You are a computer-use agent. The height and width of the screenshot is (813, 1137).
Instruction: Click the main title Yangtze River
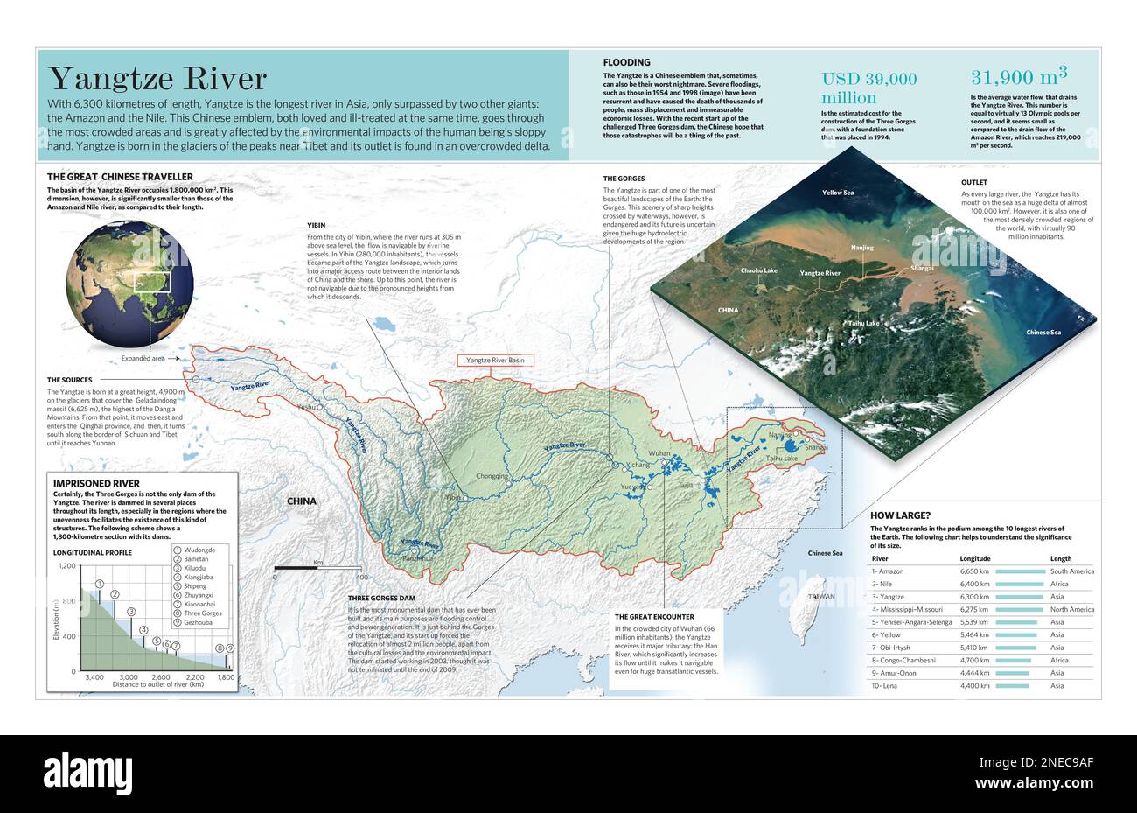pos(157,79)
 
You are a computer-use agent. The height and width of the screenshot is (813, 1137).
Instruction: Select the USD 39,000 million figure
pos(868,88)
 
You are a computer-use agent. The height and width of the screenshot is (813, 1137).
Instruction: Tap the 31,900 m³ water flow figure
pos(1019,78)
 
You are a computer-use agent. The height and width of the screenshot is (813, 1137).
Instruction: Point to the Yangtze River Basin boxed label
pos(495,360)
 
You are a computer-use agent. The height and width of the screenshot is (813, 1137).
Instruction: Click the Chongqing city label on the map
pos(492,477)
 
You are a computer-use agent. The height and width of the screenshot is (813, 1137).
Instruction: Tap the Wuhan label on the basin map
pos(659,453)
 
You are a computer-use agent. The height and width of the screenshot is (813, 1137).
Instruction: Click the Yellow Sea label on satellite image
pos(837,192)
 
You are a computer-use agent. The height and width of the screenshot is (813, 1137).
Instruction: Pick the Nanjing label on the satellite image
pos(862,248)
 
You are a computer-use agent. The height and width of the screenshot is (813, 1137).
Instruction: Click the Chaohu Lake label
pos(758,270)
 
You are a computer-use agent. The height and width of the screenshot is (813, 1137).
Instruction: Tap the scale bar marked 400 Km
pos(317,569)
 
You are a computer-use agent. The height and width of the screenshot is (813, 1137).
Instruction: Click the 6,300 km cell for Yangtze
pos(974,597)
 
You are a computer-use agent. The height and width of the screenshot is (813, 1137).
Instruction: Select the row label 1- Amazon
pos(889,571)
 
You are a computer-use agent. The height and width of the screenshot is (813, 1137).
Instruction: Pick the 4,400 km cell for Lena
pos(974,685)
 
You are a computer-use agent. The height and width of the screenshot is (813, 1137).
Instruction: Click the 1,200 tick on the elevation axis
pos(67,566)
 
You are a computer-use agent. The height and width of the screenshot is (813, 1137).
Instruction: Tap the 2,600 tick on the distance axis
pos(161,677)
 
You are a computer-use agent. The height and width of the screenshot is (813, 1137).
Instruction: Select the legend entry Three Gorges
pos(202,613)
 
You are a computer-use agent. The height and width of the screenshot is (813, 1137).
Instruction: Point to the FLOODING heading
pos(626,62)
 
